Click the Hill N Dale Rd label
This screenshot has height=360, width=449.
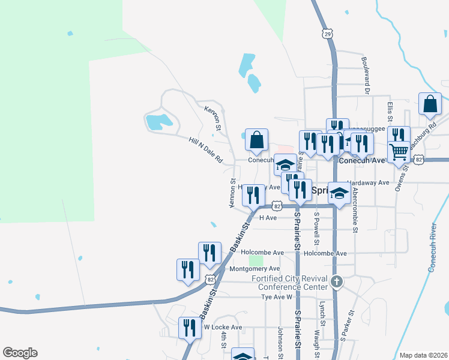click(x=205, y=150)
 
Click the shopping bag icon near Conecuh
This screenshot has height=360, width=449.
click(x=256, y=140)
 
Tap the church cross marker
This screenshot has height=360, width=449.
click(x=337, y=281)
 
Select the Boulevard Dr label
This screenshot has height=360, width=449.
click(x=365, y=75)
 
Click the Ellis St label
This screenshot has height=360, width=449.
click(x=390, y=112)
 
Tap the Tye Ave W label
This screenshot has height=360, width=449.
click(x=276, y=297)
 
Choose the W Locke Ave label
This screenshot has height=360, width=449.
click(x=222, y=327)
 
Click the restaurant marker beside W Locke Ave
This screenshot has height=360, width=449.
click(x=190, y=328)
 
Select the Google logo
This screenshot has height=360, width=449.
click(x=20, y=353)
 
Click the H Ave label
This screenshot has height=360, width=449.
click(x=267, y=218)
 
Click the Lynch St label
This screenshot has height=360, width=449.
click(x=322, y=314)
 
